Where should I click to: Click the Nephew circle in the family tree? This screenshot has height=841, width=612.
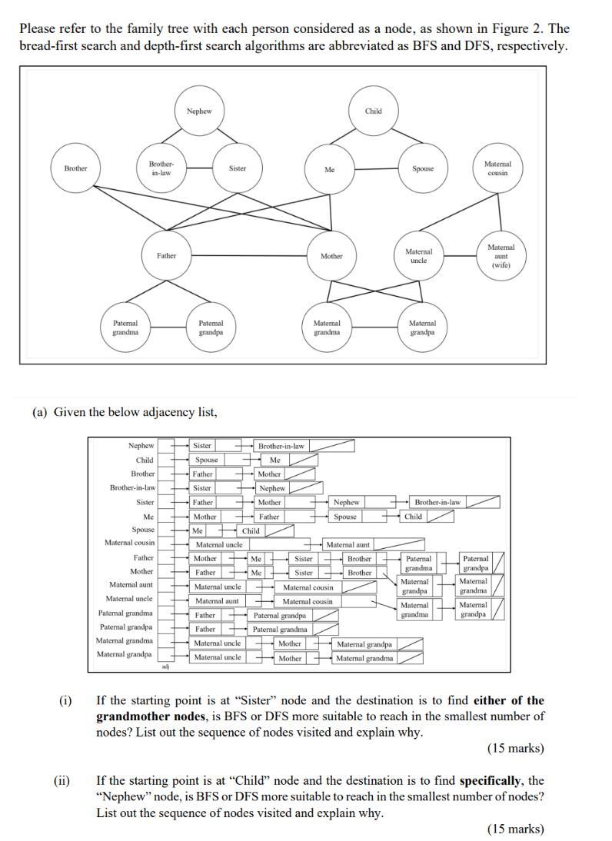pos(198,111)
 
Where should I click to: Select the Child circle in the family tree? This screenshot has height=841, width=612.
pos(374,111)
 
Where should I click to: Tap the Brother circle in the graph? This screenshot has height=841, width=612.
pos(75,168)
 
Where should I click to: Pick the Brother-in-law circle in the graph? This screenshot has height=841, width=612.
pos(161,168)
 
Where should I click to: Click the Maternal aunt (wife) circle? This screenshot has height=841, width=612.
pos(501,256)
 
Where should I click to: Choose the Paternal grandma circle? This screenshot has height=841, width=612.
pos(125,328)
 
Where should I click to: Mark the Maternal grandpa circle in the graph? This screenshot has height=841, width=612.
pos(422,328)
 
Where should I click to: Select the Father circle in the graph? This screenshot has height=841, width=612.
pos(166,256)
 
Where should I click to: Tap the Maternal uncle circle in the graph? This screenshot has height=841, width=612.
pos(418,256)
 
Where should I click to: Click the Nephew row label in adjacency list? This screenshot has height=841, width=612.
pos(141,446)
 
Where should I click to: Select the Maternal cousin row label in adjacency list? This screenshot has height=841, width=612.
pos(129,543)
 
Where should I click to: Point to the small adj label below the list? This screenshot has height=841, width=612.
pos(165,666)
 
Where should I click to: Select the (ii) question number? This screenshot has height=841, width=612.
pos(62,781)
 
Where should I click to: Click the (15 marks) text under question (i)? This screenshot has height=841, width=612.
pos(515,748)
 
